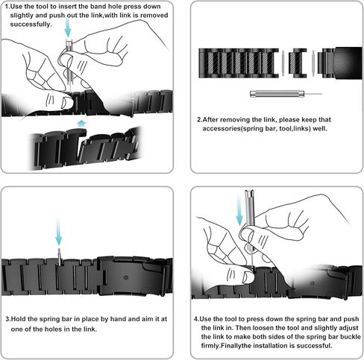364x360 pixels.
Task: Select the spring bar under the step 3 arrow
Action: tap(58, 256)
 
